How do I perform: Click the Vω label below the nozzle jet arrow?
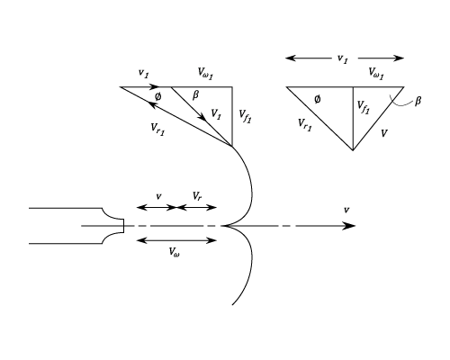tap(175, 252)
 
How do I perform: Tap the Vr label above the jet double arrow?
tap(197, 196)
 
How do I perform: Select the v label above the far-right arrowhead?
tap(346, 210)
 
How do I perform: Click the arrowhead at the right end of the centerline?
tap(349, 226)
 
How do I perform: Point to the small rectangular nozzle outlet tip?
tap(122, 226)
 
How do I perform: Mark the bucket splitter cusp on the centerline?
tap(222, 226)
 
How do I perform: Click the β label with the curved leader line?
tap(418, 101)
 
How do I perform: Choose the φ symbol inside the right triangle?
tap(318, 99)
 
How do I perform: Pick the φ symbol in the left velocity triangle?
tap(157, 96)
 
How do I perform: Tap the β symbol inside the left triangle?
tap(195, 95)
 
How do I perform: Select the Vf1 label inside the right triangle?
tap(364, 107)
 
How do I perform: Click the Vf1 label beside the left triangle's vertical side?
tap(245, 116)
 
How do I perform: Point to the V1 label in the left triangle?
tap(216, 114)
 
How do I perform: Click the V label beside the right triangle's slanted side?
tap(384, 133)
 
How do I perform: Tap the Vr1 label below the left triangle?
tap(157, 129)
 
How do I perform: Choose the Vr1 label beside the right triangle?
tap(305, 124)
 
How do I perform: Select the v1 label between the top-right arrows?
tap(343, 58)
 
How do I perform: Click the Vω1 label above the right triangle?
tap(376, 73)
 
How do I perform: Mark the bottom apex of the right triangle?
tap(353, 150)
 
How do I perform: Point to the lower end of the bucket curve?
tap(232, 304)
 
